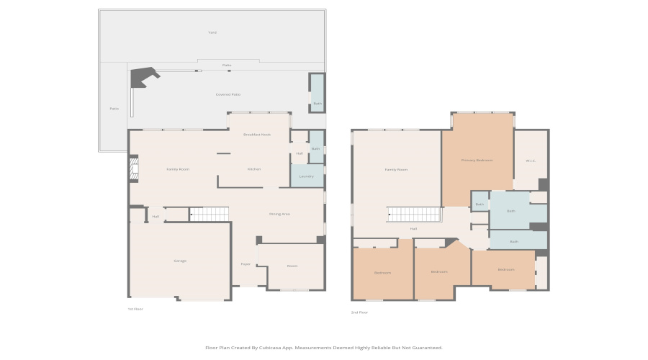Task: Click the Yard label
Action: click(212, 32)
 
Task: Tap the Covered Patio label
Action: click(228, 94)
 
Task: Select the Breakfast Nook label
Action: click(256, 135)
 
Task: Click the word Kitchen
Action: click(254, 169)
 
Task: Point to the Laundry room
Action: click(307, 176)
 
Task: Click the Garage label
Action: click(180, 261)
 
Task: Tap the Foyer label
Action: click(246, 264)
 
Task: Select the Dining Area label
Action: click(279, 214)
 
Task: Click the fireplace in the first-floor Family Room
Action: click(133, 169)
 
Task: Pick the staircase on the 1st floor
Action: click(209, 214)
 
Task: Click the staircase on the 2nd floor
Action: click(414, 215)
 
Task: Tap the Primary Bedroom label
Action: click(477, 160)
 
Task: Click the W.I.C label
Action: click(531, 161)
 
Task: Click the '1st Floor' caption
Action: click(135, 309)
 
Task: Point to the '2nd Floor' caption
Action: click(359, 312)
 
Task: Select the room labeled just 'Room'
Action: click(292, 266)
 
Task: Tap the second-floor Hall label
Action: click(413, 229)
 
